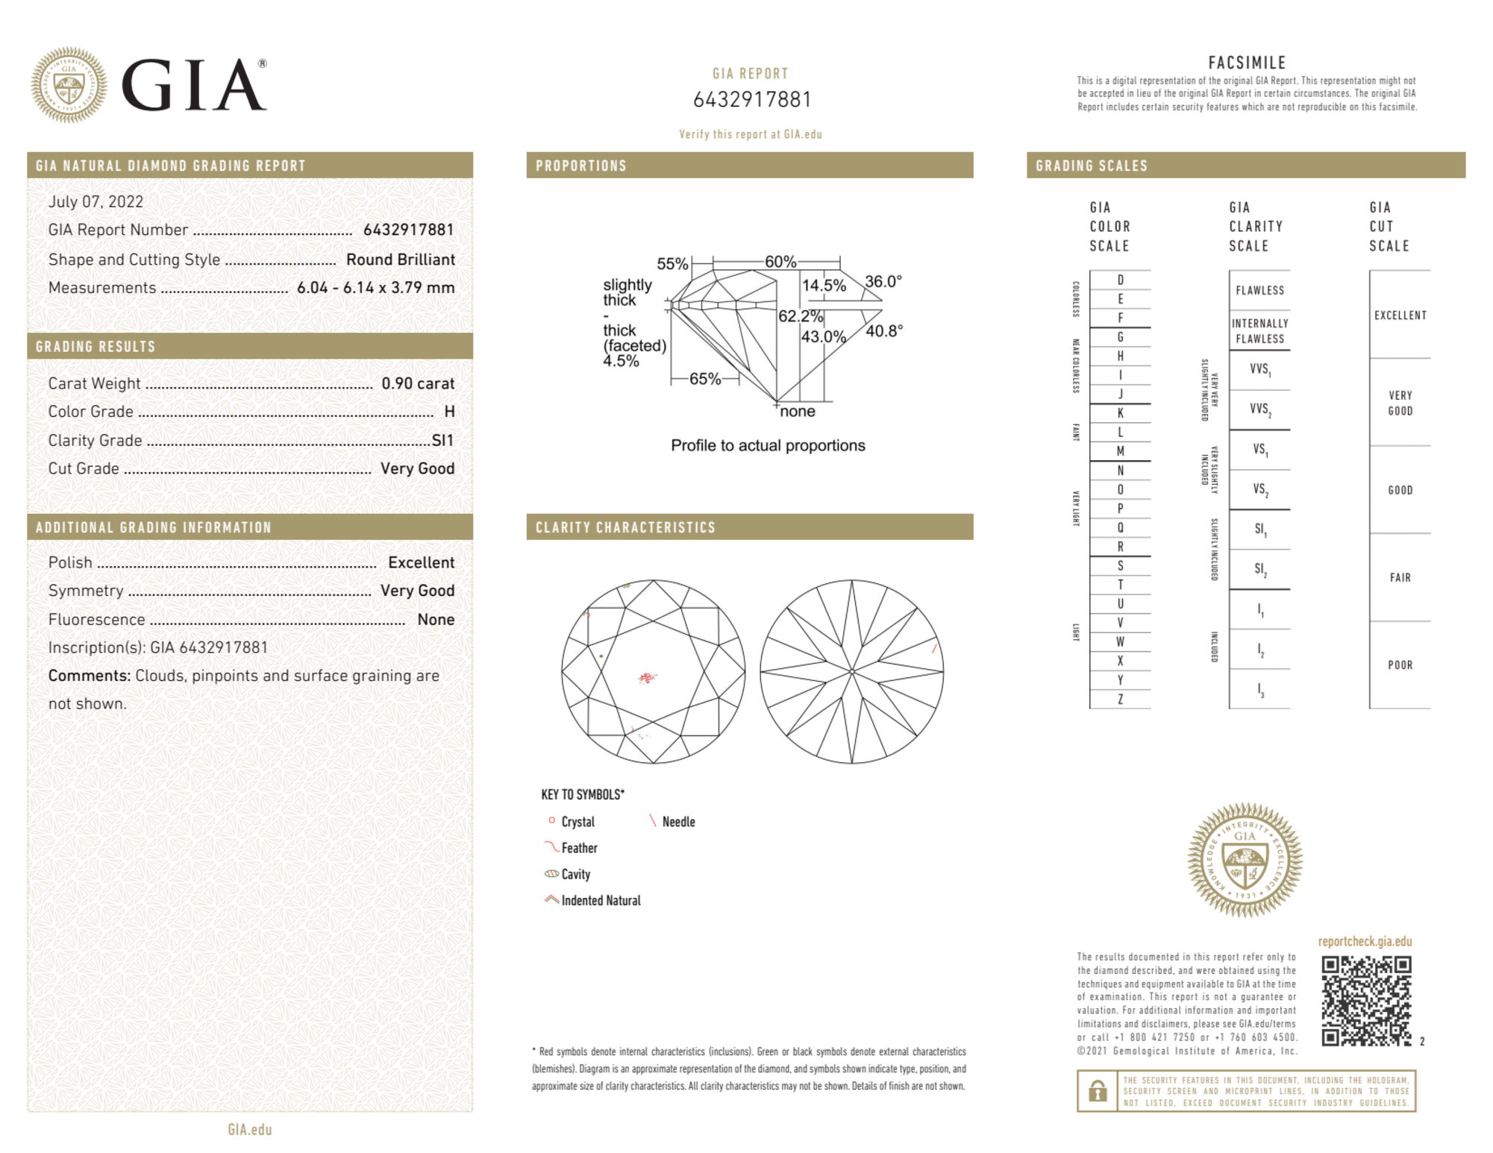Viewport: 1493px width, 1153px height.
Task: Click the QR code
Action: [x=1365, y=1001]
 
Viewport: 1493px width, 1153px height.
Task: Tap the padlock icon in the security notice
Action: [x=1097, y=1091]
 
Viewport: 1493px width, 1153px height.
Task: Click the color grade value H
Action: [x=449, y=412]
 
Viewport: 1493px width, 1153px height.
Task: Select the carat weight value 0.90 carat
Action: [x=418, y=383]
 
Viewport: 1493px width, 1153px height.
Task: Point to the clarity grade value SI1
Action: [x=442, y=441]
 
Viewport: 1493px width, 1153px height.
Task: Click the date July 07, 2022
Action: [x=96, y=201]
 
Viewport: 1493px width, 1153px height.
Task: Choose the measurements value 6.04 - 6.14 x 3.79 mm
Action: [x=375, y=288]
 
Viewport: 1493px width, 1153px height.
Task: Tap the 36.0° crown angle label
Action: [x=883, y=282]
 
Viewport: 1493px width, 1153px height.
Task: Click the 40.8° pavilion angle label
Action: [x=884, y=330]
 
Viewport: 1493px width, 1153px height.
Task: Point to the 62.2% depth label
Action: [x=800, y=316]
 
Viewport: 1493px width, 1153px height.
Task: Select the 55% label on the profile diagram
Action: [x=672, y=264]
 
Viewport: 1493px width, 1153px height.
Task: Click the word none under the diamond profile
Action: [x=798, y=412]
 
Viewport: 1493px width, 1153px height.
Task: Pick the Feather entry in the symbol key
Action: [x=579, y=848]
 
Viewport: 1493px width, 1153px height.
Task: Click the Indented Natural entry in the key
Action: [x=601, y=901]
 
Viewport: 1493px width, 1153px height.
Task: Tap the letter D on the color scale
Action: [x=1120, y=280]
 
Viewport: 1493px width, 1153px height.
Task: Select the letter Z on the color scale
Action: [x=1120, y=699]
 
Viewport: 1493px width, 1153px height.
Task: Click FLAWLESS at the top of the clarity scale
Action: [x=1259, y=291]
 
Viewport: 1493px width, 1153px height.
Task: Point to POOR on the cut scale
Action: [x=1400, y=665]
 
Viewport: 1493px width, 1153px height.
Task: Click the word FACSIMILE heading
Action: [x=1247, y=63]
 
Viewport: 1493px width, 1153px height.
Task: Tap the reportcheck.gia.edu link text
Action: [x=1365, y=942]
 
